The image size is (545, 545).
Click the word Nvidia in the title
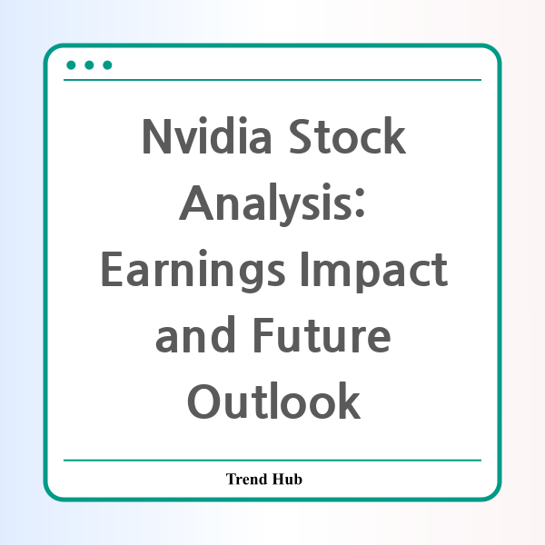tap(207, 135)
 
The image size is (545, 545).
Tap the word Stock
tap(347, 135)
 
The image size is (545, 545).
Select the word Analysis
tap(266, 204)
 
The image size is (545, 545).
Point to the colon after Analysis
tap(360, 203)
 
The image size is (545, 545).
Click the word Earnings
tap(193, 271)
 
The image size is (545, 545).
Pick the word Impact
tap(374, 271)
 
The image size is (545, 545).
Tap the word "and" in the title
tap(195, 334)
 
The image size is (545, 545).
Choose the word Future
tap(322, 335)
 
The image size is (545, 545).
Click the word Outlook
tap(274, 401)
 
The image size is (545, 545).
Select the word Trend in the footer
tap(247, 479)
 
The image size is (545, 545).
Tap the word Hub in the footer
tap(287, 479)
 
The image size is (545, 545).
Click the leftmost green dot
tap(71, 65)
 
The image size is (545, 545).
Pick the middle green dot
tap(89, 65)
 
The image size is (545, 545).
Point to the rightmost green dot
tap(107, 65)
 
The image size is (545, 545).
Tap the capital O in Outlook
tap(203, 401)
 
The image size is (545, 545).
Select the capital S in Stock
tap(300, 136)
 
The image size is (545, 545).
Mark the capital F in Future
tap(264, 335)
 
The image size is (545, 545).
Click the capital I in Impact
tap(304, 269)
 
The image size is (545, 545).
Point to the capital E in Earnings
tap(112, 269)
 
